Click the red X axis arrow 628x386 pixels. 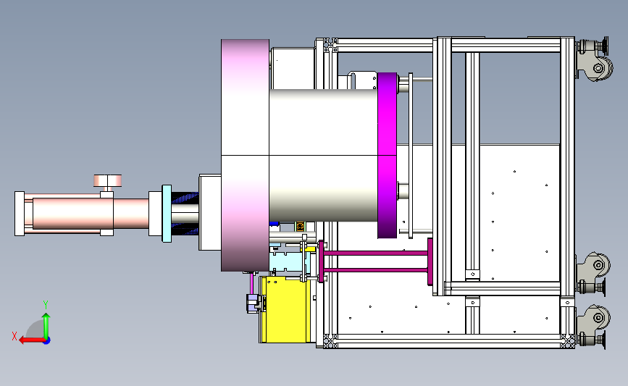[x=32, y=340]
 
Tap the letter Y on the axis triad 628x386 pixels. [x=46, y=305]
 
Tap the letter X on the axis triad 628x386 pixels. [x=14, y=336]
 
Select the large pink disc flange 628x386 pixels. [x=245, y=156]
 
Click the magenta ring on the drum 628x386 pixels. [x=388, y=156]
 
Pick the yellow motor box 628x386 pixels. [x=286, y=309]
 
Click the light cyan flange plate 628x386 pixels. [x=167, y=214]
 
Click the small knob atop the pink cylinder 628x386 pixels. [x=107, y=181]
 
